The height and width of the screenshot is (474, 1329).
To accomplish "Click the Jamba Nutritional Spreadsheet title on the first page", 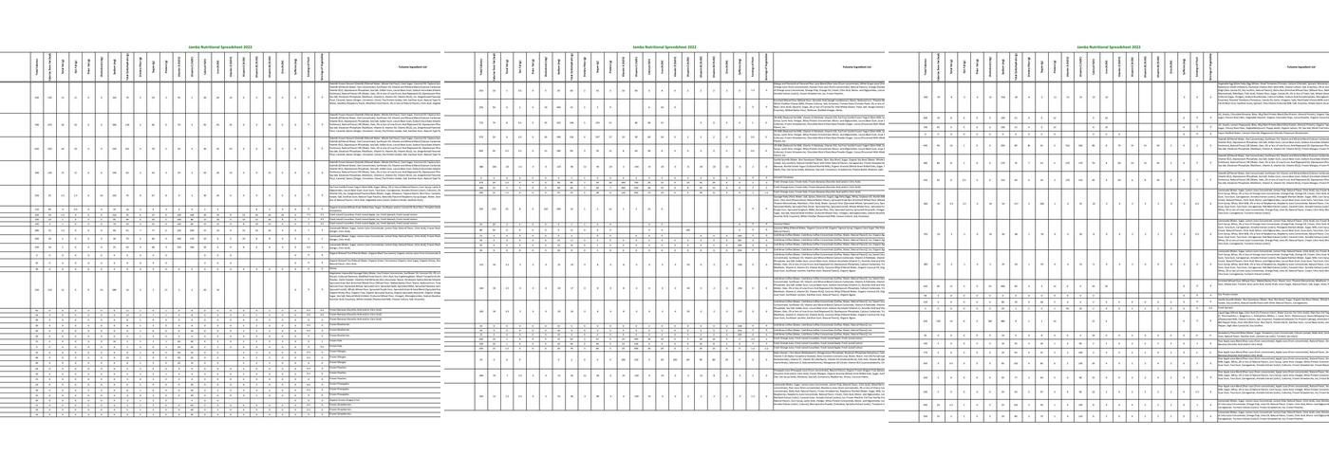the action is pyautogui.click(x=221, y=46).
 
